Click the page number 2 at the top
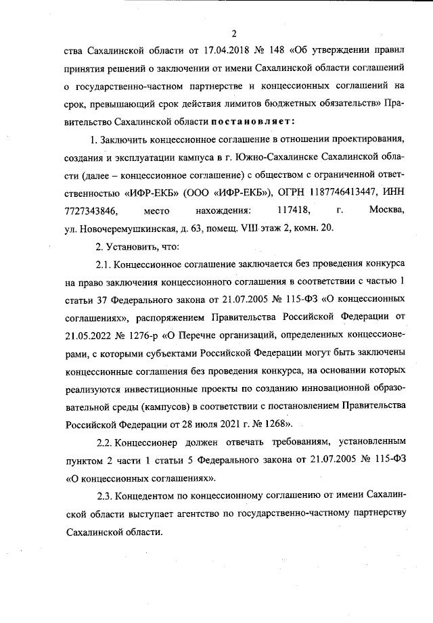click(x=233, y=34)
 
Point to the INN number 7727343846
click(x=90, y=210)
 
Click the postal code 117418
click(x=298, y=210)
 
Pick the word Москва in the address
click(x=387, y=210)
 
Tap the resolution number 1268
click(x=273, y=425)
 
